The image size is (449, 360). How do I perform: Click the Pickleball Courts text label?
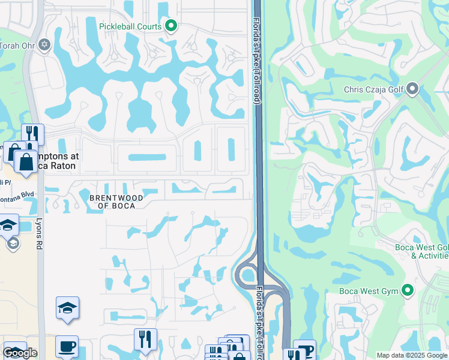[132, 26]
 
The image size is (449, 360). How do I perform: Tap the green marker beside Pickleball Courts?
[171, 26]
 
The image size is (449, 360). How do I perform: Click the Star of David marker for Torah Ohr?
[43, 44]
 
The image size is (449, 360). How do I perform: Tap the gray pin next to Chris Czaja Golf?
[412, 90]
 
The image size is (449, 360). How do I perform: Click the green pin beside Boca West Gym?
[408, 291]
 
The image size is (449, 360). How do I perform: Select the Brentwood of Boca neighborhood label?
[116, 201]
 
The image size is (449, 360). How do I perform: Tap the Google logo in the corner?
[20, 353]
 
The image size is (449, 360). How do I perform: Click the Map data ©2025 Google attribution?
[412, 355]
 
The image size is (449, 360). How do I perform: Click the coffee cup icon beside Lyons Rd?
[67, 347]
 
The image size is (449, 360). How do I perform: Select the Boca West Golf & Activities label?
[421, 251]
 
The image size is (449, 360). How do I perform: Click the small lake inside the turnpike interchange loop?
[247, 276]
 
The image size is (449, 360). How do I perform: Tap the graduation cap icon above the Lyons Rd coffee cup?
[67, 308]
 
